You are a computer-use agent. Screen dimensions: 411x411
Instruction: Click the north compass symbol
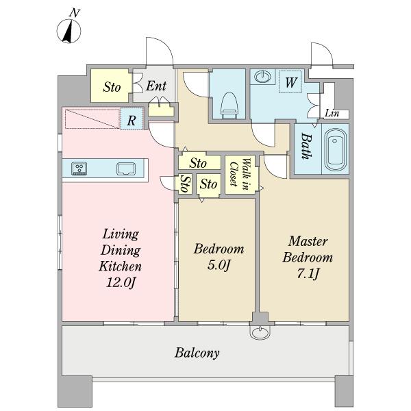click(68, 32)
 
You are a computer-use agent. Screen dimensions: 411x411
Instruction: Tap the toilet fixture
click(229, 105)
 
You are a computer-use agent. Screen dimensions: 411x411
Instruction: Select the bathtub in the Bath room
click(335, 149)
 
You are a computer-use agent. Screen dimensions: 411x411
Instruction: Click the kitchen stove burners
click(79, 169)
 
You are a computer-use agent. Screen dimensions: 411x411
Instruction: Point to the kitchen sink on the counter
click(126, 169)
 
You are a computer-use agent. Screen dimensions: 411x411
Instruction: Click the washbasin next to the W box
click(262, 77)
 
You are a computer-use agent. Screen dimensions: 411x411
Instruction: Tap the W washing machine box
click(290, 82)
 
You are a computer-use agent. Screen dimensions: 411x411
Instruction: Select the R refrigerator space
click(132, 119)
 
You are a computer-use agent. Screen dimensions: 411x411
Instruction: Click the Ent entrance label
click(156, 86)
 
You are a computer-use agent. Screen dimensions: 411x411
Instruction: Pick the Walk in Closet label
click(239, 174)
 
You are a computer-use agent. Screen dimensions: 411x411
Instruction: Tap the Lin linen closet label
click(332, 113)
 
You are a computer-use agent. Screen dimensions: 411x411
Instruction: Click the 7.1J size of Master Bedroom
click(308, 273)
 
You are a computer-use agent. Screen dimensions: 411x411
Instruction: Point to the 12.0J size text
click(121, 282)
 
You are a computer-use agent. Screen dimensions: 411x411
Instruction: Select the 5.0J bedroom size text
click(219, 265)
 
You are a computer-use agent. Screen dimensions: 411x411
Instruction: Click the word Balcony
click(197, 353)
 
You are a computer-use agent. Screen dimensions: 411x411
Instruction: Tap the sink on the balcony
click(260, 332)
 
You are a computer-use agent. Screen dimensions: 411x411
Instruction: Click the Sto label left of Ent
click(112, 87)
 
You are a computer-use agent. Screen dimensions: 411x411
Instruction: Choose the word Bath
click(306, 146)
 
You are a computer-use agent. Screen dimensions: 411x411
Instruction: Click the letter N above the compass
click(75, 12)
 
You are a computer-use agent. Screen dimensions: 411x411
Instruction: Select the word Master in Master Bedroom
click(308, 241)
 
